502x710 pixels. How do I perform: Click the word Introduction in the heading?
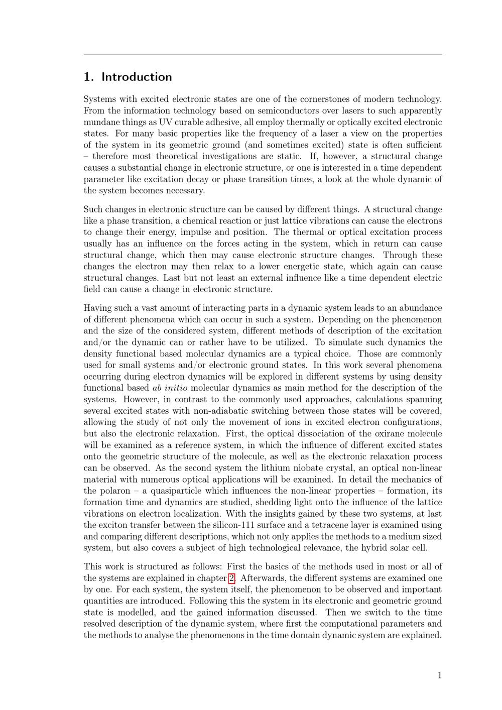(x=137, y=77)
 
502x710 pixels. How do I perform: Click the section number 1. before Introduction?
(x=88, y=77)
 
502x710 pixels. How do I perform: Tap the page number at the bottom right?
(x=440, y=675)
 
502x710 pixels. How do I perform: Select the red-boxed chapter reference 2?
(x=231, y=578)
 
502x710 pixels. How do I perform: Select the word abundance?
(x=419, y=308)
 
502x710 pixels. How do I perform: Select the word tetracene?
(x=328, y=525)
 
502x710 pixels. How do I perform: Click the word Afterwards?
(x=262, y=578)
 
